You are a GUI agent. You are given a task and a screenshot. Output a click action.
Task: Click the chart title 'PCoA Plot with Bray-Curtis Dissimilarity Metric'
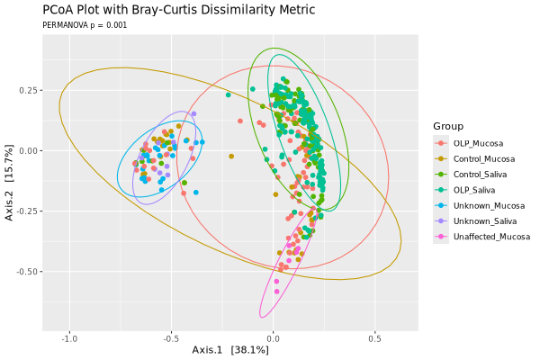pyautogui.click(x=178, y=10)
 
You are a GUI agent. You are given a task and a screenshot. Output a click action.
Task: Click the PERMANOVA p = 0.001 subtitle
pyautogui.click(x=85, y=25)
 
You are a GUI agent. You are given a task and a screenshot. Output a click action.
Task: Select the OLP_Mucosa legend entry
pyautogui.click(x=478, y=143)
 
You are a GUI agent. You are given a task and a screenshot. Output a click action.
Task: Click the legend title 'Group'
pyautogui.click(x=447, y=126)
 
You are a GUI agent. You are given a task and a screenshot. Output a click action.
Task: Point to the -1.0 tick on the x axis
pyautogui.click(x=70, y=338)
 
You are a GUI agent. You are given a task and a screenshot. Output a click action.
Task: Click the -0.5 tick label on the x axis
pyautogui.click(x=172, y=338)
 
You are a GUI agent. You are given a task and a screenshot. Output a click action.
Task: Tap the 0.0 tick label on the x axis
pyautogui.click(x=274, y=338)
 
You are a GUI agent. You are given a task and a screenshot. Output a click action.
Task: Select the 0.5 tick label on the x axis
pyautogui.click(x=375, y=338)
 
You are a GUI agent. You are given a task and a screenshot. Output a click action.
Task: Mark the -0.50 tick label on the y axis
pyautogui.click(x=25, y=271)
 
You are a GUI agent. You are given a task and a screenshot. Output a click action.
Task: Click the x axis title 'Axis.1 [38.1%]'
pyautogui.click(x=230, y=349)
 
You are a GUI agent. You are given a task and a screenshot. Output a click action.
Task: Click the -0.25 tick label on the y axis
pyautogui.click(x=25, y=211)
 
